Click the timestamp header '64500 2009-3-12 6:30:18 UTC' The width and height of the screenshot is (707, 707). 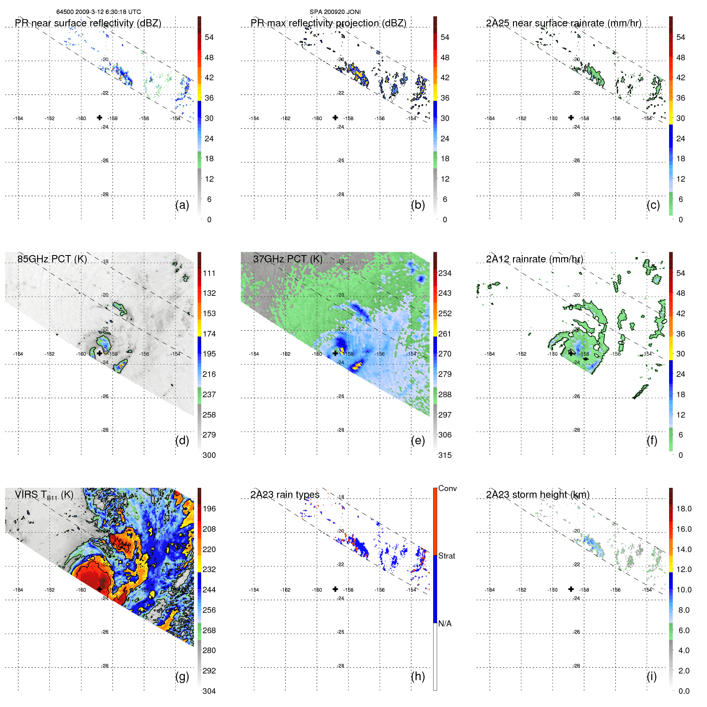(x=98, y=12)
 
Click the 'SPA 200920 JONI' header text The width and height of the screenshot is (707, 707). (x=335, y=12)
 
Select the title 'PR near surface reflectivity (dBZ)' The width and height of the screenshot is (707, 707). (x=88, y=23)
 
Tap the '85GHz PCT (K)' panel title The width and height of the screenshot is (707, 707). (x=52, y=259)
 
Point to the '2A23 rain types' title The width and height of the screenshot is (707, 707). (x=285, y=495)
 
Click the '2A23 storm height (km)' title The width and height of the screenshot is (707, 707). (x=537, y=495)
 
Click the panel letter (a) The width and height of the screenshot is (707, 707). (x=182, y=205)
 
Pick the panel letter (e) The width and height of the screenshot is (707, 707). (x=418, y=440)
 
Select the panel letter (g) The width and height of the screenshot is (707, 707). (x=182, y=676)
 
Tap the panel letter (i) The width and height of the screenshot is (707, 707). (x=652, y=676)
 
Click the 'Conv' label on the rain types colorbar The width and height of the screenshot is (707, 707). (x=447, y=488)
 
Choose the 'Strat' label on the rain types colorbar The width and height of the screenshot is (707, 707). (x=446, y=556)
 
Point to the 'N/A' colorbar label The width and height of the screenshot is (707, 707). (x=445, y=624)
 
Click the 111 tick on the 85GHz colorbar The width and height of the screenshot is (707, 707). (x=209, y=273)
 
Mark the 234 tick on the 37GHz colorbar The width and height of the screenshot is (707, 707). (x=445, y=273)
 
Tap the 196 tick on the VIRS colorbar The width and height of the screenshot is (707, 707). (x=209, y=509)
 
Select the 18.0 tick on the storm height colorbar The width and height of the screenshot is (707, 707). (x=683, y=509)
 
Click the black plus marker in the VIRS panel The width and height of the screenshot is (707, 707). (x=99, y=588)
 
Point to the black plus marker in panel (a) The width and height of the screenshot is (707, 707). (x=99, y=117)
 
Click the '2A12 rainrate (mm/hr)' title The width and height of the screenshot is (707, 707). (x=534, y=259)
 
